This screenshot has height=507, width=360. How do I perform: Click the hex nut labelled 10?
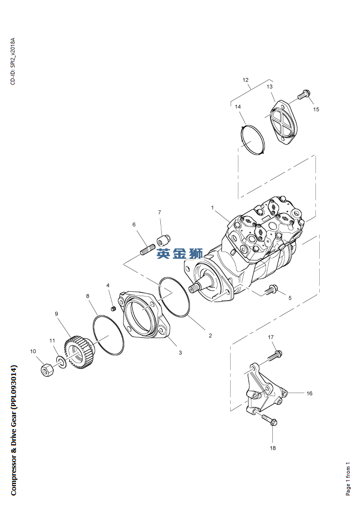[47, 369]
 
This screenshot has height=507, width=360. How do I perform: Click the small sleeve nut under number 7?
[163, 240]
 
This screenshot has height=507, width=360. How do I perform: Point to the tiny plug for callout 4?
[113, 309]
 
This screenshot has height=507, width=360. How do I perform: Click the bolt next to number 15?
[303, 94]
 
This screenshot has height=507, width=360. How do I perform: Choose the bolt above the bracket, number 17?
[275, 355]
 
